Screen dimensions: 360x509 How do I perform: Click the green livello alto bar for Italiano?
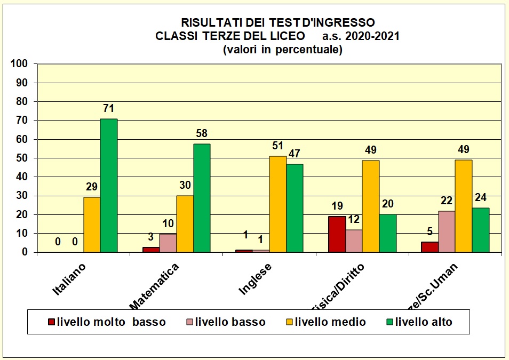[109, 185]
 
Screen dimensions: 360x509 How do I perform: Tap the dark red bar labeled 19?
[337, 234]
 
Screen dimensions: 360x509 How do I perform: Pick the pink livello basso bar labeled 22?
[447, 231]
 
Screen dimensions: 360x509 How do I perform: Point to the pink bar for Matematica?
[168, 243]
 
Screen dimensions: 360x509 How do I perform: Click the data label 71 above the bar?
[109, 109]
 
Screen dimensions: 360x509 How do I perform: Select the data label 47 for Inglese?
[295, 154]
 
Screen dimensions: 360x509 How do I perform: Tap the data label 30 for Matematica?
[185, 186]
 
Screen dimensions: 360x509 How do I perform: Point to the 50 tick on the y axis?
[21, 158]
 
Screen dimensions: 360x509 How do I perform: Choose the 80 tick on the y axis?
[21, 101]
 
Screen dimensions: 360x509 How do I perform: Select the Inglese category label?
[255, 278]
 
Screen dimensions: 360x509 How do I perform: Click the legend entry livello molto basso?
[107, 322]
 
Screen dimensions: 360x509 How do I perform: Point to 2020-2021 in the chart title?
[372, 36]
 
